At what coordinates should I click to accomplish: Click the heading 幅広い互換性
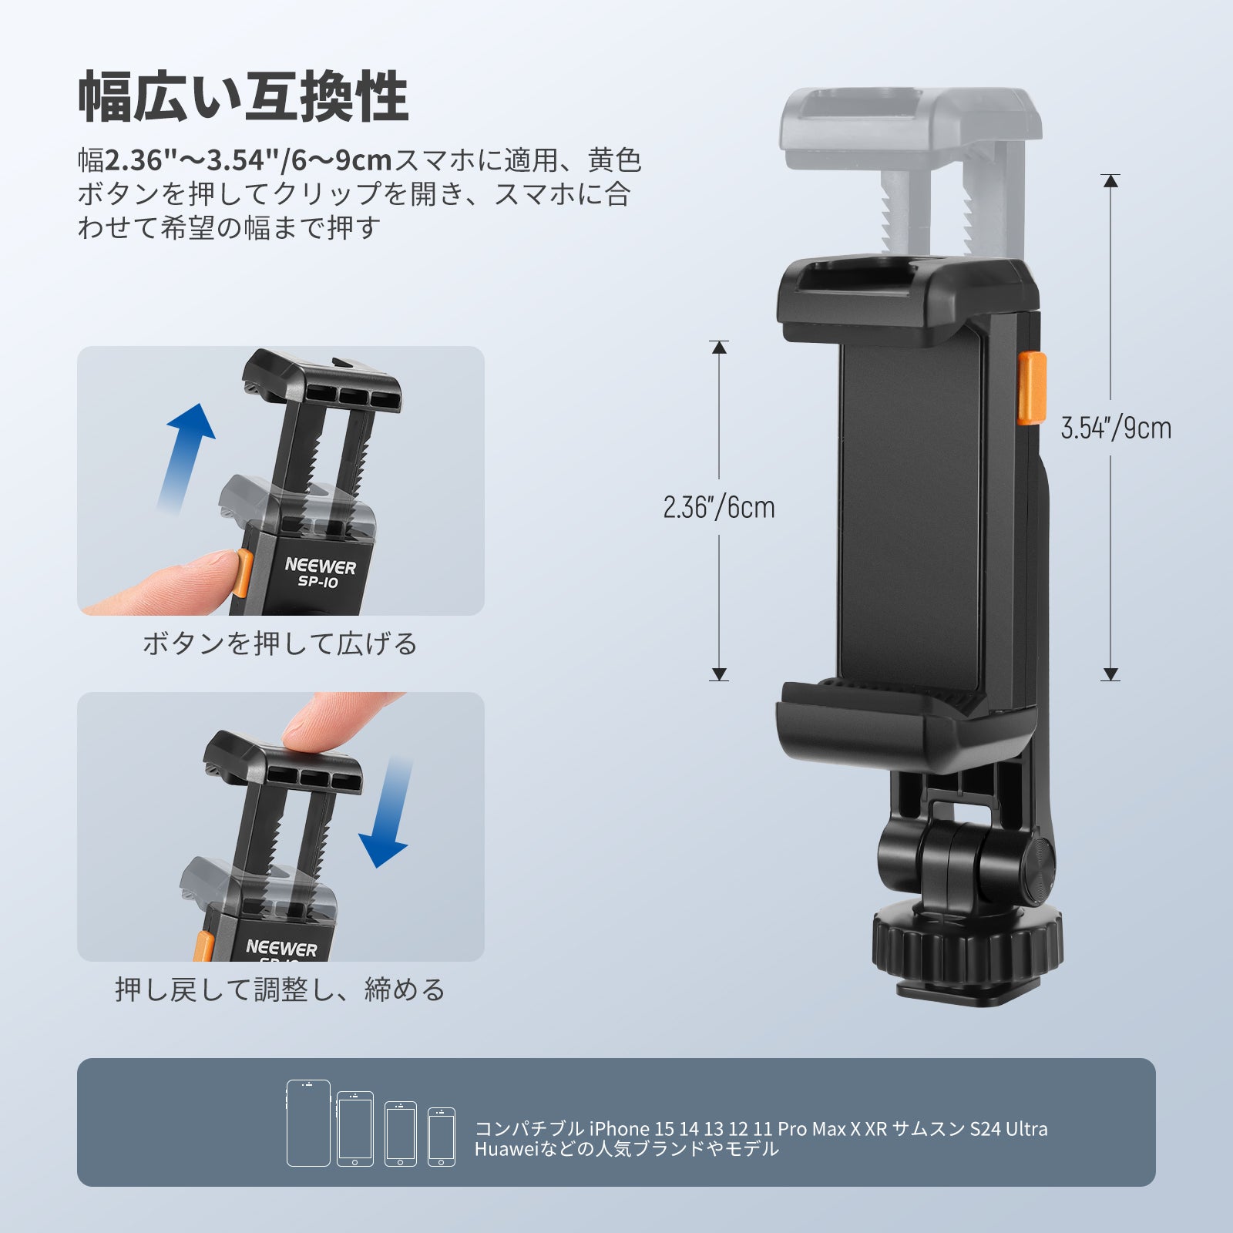(243, 97)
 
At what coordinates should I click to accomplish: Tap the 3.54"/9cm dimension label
(1116, 428)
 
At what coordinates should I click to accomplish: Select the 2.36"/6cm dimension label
(719, 507)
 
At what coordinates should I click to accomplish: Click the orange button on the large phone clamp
(1032, 388)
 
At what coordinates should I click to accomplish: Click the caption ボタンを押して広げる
(280, 643)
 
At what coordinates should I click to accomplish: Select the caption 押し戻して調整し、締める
(281, 989)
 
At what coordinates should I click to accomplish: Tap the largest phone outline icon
(308, 1123)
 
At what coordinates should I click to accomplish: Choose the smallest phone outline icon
(442, 1137)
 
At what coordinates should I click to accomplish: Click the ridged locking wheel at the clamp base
(968, 942)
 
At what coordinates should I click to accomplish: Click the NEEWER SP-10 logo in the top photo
(320, 573)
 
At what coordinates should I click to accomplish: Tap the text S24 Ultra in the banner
(1009, 1129)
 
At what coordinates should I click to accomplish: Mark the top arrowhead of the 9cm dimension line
(1110, 181)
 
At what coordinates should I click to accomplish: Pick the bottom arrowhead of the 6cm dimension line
(719, 674)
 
